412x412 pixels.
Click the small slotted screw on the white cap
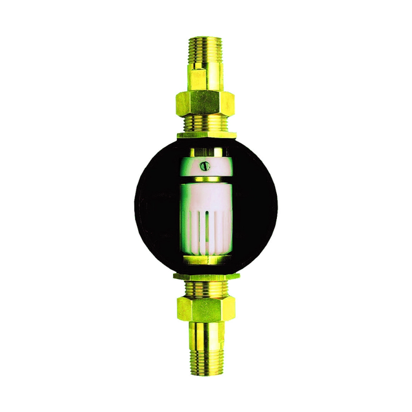pyautogui.click(x=205, y=166)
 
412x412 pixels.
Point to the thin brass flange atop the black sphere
pyautogui.click(x=206, y=134)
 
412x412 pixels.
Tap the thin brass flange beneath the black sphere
pyautogui.click(x=206, y=276)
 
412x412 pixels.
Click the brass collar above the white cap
pyautogui.click(x=206, y=152)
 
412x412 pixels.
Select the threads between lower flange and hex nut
pyautogui.click(x=206, y=288)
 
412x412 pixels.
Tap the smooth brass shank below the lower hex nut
pyautogui.click(x=206, y=332)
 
